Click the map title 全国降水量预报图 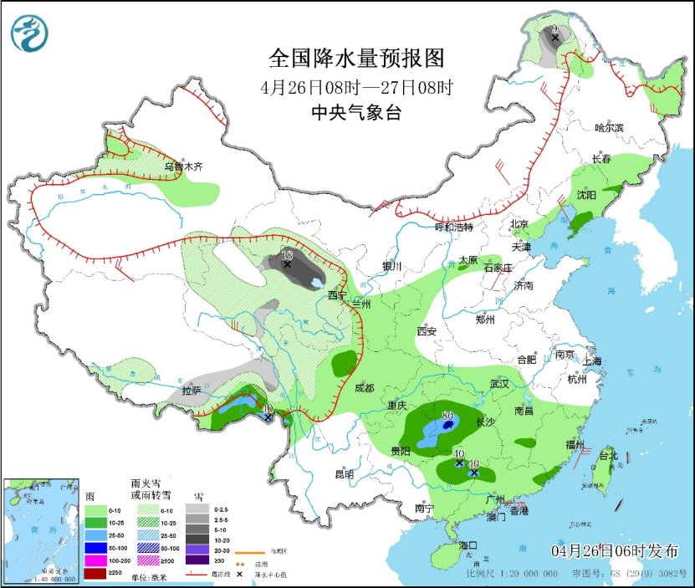coord(355,58)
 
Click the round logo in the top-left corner coord(29,32)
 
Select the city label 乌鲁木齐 coord(183,166)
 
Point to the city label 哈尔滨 coord(610,127)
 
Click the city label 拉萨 coord(192,391)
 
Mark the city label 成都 coord(364,388)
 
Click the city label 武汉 coord(500,382)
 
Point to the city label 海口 coord(469,545)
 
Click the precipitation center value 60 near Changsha coord(447,416)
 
